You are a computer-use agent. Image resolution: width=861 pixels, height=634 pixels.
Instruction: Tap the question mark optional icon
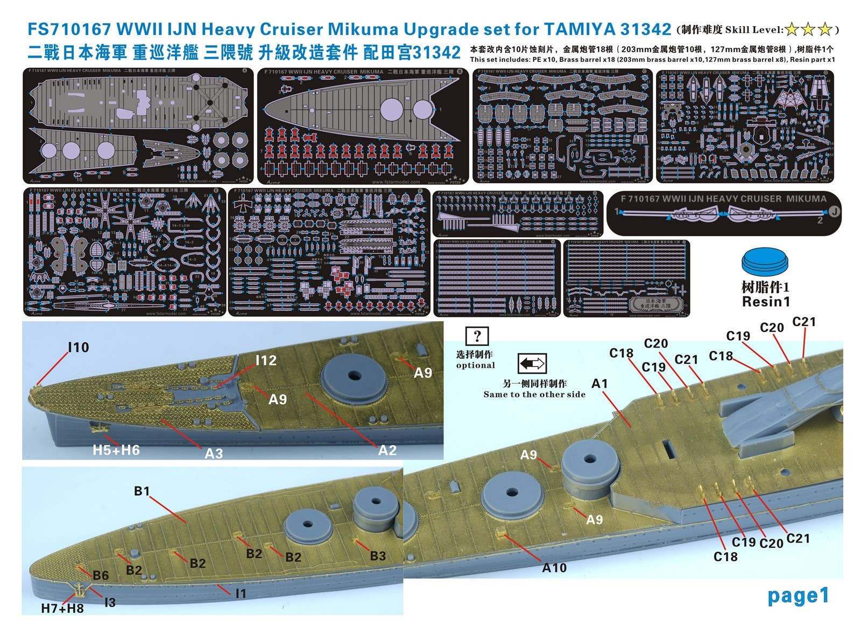coord(477,336)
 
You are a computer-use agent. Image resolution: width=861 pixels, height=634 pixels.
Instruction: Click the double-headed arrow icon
coord(532,364)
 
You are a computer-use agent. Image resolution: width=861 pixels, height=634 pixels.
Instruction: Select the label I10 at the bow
coord(78,348)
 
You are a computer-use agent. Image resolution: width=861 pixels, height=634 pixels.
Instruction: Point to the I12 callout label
coord(265,361)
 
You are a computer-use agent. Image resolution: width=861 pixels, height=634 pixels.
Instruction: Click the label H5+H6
coord(116,450)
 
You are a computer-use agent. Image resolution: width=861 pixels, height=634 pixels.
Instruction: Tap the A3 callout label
coord(214,454)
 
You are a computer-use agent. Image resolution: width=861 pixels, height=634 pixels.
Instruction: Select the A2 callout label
coord(387,450)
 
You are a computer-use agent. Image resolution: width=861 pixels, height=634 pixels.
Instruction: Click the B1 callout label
coord(142,491)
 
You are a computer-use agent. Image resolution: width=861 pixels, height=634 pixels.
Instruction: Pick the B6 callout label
coord(101,575)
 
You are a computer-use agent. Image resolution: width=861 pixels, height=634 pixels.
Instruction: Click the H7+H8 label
coord(62,609)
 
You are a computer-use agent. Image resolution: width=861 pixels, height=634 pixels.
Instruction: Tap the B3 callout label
coord(378,556)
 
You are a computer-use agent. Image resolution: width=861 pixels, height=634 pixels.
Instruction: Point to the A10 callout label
coord(554,568)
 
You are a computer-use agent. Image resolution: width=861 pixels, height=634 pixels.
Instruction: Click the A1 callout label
coord(599,384)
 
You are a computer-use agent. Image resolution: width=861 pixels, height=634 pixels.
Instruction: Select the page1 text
coord(798,596)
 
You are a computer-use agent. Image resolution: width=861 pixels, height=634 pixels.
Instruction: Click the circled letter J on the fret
coord(834,212)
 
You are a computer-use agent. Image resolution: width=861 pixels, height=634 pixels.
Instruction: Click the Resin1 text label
coord(766,302)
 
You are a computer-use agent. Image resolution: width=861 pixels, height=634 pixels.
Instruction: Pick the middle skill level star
coord(808,30)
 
